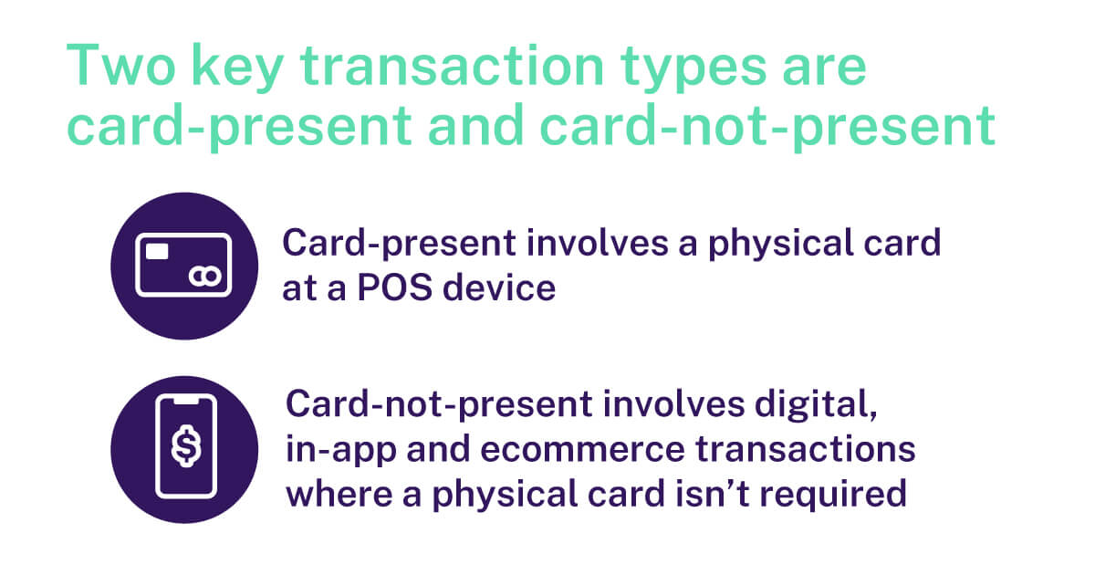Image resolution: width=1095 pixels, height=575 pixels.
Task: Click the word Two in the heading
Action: [120, 66]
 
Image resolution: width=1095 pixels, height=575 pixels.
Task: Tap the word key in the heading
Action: [238, 68]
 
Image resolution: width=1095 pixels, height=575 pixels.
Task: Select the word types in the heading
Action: [693, 69]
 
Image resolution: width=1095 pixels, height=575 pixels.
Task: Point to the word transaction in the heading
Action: [453, 66]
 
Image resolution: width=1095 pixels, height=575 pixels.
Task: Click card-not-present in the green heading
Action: [767, 127]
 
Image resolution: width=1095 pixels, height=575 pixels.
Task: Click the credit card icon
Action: [183, 265]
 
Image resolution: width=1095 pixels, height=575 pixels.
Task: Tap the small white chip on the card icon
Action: [157, 251]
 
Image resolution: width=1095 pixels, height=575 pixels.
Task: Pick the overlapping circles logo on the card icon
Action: [205, 277]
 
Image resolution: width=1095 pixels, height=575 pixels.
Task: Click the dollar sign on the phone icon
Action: [186, 446]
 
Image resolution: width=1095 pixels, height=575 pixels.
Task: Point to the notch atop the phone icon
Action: [186, 401]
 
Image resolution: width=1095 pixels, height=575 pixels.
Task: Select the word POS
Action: [395, 287]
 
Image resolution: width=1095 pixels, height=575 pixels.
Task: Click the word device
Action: [499, 287]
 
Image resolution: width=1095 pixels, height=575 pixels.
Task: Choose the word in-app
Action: [340, 451]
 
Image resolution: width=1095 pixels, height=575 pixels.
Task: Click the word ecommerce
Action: [583, 450]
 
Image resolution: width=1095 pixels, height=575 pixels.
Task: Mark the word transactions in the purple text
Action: [805, 449]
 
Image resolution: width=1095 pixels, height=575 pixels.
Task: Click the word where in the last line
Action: [339, 494]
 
